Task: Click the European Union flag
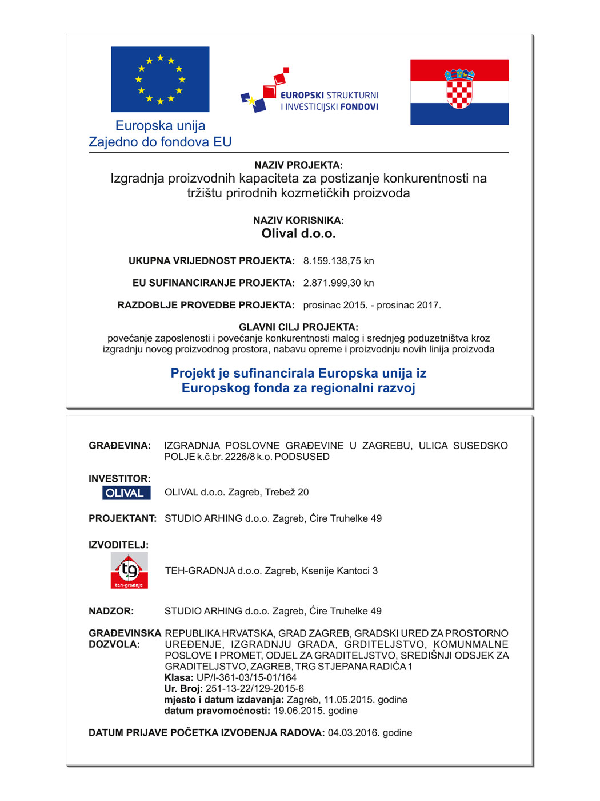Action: [x=160, y=79]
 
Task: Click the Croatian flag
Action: [x=459, y=92]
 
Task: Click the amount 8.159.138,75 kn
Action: [x=338, y=261]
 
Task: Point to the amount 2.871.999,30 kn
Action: [x=338, y=283]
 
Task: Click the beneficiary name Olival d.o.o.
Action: [x=298, y=233]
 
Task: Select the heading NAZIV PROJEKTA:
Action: [x=298, y=165]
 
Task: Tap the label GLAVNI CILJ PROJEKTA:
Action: [x=298, y=327]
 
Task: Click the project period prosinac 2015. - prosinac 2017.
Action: [x=372, y=306]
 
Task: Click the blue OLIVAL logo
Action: [x=126, y=493]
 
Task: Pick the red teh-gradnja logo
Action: [x=129, y=570]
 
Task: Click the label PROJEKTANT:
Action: [x=122, y=518]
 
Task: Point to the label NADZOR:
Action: [x=111, y=611]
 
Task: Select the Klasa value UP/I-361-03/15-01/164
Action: [x=246, y=677]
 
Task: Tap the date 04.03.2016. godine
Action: [x=370, y=733]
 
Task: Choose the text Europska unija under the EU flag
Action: [x=160, y=126]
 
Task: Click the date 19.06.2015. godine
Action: [x=315, y=711]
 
